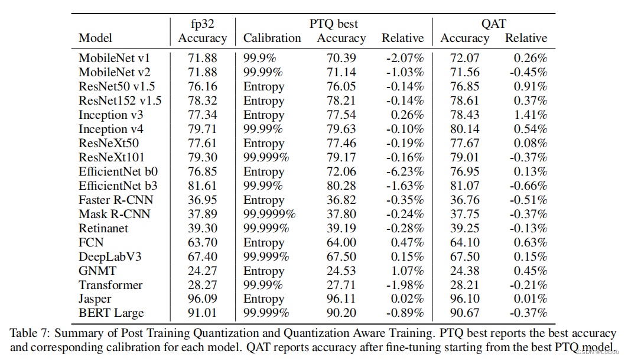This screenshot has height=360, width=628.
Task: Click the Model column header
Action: pos(95,38)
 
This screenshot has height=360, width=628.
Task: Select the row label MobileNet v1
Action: pos(114,58)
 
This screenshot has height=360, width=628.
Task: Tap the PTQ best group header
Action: pos(334,24)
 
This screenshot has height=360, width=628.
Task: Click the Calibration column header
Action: pos(272,38)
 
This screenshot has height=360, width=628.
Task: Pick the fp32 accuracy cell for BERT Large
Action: pos(202,313)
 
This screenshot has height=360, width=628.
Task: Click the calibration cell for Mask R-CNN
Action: pos(269,215)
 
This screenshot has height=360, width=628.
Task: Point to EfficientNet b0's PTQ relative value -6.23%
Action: pos(405,172)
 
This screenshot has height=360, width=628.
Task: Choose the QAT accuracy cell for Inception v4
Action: pos(464,129)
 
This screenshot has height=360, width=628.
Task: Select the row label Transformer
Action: pos(110,285)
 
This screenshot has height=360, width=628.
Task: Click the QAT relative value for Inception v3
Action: pos(531,115)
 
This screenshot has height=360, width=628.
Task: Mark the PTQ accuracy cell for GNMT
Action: pos(341,271)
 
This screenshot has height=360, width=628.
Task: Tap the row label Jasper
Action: pos(95,299)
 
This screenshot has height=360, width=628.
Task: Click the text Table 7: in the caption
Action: pos(30,333)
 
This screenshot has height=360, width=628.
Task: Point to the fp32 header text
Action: pos(203,24)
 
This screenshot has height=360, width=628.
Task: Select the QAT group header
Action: pos(494,24)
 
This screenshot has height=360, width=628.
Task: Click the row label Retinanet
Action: pos(103,229)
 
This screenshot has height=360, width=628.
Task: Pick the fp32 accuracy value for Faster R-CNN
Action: pos(202,200)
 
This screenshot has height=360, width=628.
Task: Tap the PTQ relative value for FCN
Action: pos(407,242)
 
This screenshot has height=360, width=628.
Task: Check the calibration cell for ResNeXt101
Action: pos(266,158)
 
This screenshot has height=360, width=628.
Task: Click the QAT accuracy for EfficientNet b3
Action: pos(464,186)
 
